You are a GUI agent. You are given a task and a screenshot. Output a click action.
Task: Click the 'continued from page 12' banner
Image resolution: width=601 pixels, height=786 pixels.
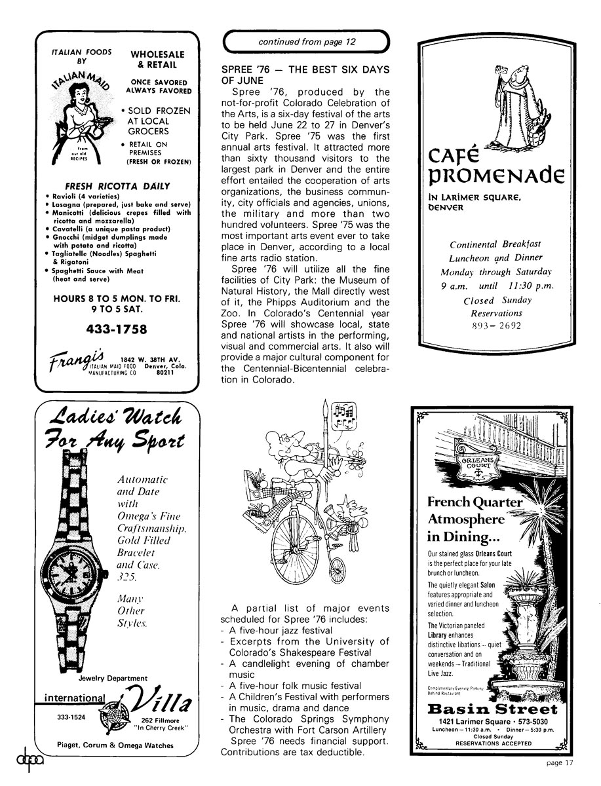307,42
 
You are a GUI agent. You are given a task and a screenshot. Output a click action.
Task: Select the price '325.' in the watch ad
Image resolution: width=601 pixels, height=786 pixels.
126,577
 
